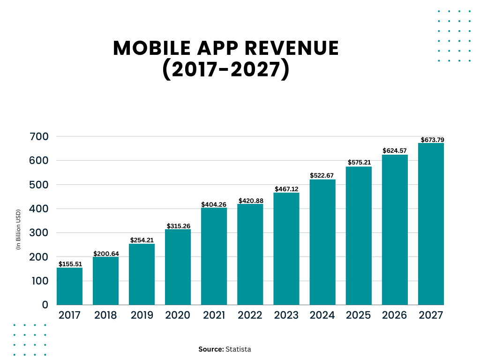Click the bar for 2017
tap(69, 286)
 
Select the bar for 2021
tap(214, 256)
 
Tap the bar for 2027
tap(431, 224)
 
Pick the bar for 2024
tap(322, 242)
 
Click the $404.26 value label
tap(214, 204)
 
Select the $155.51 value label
tap(70, 264)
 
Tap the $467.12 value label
tap(286, 189)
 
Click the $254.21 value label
tap(142, 240)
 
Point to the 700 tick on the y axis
tap(38, 136)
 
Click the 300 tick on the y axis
tap(38, 233)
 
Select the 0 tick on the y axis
tap(45, 305)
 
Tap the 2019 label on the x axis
tap(142, 315)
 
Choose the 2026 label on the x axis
tap(395, 315)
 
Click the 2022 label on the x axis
tap(250, 315)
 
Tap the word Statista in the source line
tap(238, 349)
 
